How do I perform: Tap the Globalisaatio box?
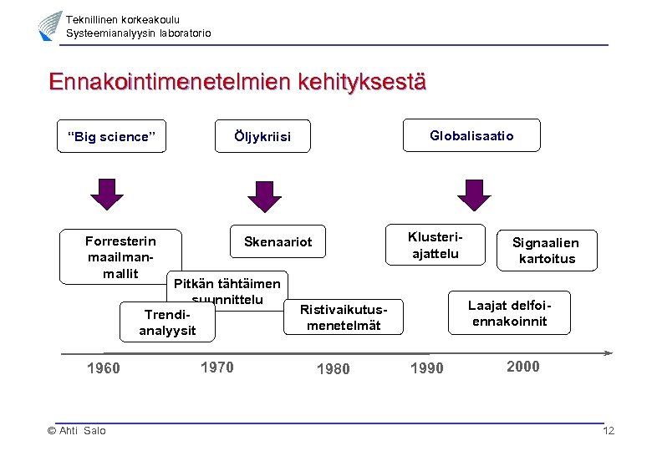click(471, 135)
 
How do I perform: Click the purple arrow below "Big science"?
click(106, 195)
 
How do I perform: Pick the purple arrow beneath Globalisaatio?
click(475, 195)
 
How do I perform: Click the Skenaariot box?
click(278, 242)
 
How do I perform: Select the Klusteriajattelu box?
click(435, 245)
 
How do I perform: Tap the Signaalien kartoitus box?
click(547, 251)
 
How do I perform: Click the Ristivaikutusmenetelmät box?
click(344, 317)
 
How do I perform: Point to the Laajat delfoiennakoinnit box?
click(510, 312)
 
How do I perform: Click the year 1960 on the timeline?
click(104, 368)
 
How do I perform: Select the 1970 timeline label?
click(217, 367)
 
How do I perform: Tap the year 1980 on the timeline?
click(334, 369)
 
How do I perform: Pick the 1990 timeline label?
click(427, 369)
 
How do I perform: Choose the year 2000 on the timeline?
click(523, 367)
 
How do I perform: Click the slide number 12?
click(609, 431)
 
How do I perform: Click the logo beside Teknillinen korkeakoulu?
click(50, 26)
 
